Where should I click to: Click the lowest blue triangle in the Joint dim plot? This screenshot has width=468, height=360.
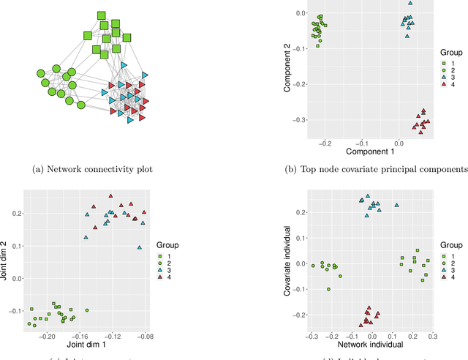coord(139,247)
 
